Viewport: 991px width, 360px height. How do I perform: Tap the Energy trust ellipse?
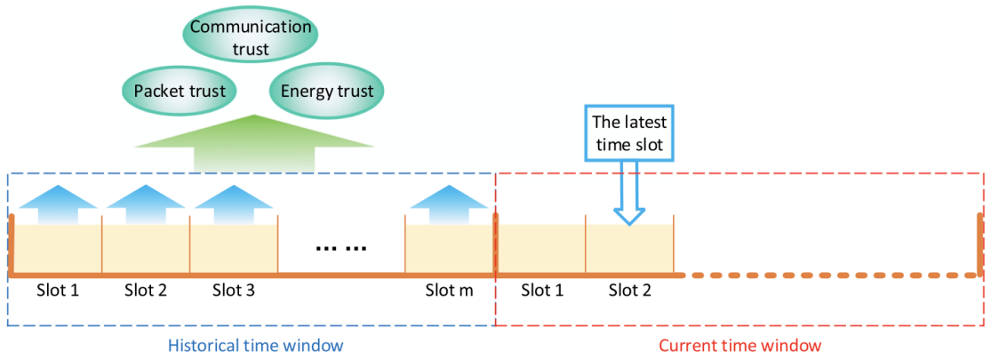coord(326,91)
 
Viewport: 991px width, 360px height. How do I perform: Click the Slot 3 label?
coord(235,291)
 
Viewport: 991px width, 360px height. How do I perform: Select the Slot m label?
coord(449,291)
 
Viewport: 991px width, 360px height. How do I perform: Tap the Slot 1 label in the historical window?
coord(58,291)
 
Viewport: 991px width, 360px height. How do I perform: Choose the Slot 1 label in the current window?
coord(542,291)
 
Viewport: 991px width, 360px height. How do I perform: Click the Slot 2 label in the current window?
coord(630,291)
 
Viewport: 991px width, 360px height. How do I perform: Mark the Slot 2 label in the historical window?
coord(146,291)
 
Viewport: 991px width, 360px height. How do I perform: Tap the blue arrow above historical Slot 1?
coord(58,203)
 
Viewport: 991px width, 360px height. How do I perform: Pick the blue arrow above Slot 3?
coord(235,203)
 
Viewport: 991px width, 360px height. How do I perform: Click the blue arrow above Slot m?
coord(449,203)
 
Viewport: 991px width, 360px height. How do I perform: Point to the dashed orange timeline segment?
coord(831,276)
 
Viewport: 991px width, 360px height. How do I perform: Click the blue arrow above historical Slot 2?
coord(146,203)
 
